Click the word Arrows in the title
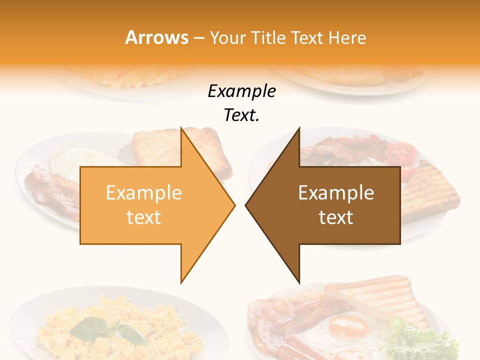156,37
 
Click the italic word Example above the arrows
241,91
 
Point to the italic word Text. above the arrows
241,115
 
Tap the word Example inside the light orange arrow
144,193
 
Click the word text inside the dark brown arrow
336,217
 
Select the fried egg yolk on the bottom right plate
348,326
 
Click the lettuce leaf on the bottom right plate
420,340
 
